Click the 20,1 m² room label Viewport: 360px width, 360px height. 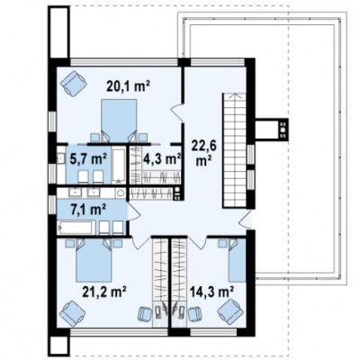tap(128, 86)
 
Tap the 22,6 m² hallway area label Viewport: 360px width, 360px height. tap(204, 153)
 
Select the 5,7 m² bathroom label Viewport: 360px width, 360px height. tap(88, 158)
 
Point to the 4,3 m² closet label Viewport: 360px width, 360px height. tap(161, 159)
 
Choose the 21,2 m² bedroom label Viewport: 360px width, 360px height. tap(104, 291)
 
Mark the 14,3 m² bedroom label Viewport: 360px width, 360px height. tap(212, 291)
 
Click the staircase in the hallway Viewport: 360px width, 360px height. tap(235, 150)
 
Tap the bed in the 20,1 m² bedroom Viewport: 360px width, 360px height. tap(119, 120)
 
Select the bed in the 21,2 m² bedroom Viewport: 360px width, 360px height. tap(94, 260)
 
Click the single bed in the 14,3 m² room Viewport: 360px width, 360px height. tap(237, 260)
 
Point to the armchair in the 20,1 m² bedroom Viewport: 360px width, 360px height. tap(74, 83)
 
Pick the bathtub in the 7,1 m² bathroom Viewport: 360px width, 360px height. tap(75, 228)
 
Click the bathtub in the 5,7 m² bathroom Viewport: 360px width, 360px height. tap(119, 166)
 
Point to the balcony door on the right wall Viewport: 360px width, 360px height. tap(247, 221)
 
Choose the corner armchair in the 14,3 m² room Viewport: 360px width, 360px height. tap(229, 313)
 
